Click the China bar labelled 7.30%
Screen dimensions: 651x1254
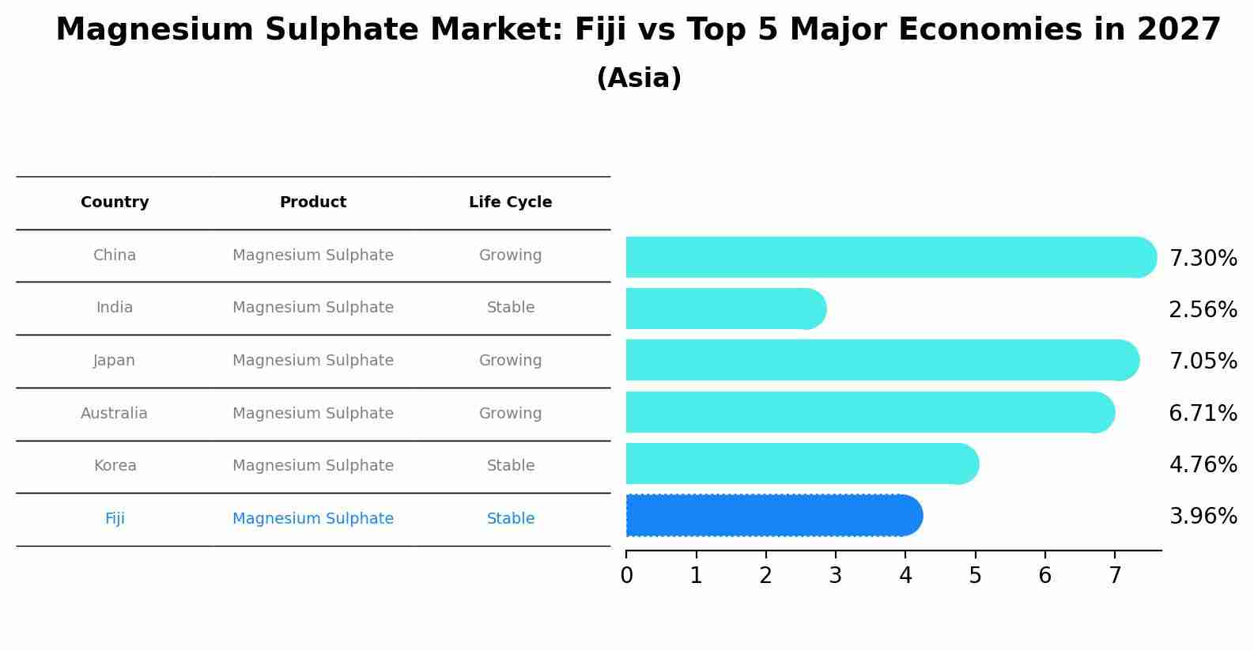886,257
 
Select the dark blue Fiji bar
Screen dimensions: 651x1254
771,516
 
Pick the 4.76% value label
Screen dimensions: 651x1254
1203,464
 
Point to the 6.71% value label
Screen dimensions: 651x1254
1203,413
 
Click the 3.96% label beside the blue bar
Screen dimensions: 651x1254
1203,517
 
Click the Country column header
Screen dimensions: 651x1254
115,202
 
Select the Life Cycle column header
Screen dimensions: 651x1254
510,202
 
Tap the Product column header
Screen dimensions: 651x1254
313,202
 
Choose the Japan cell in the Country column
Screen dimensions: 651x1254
115,361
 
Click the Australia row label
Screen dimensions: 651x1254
114,414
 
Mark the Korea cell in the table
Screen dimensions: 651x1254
115,466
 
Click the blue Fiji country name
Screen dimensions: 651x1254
115,519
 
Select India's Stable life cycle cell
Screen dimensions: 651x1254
510,308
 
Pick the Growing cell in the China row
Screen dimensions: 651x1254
510,255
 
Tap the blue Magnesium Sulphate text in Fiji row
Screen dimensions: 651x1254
313,519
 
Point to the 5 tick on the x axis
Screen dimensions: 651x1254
975,576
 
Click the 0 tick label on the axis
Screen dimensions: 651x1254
626,576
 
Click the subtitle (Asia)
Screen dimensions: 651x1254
639,78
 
